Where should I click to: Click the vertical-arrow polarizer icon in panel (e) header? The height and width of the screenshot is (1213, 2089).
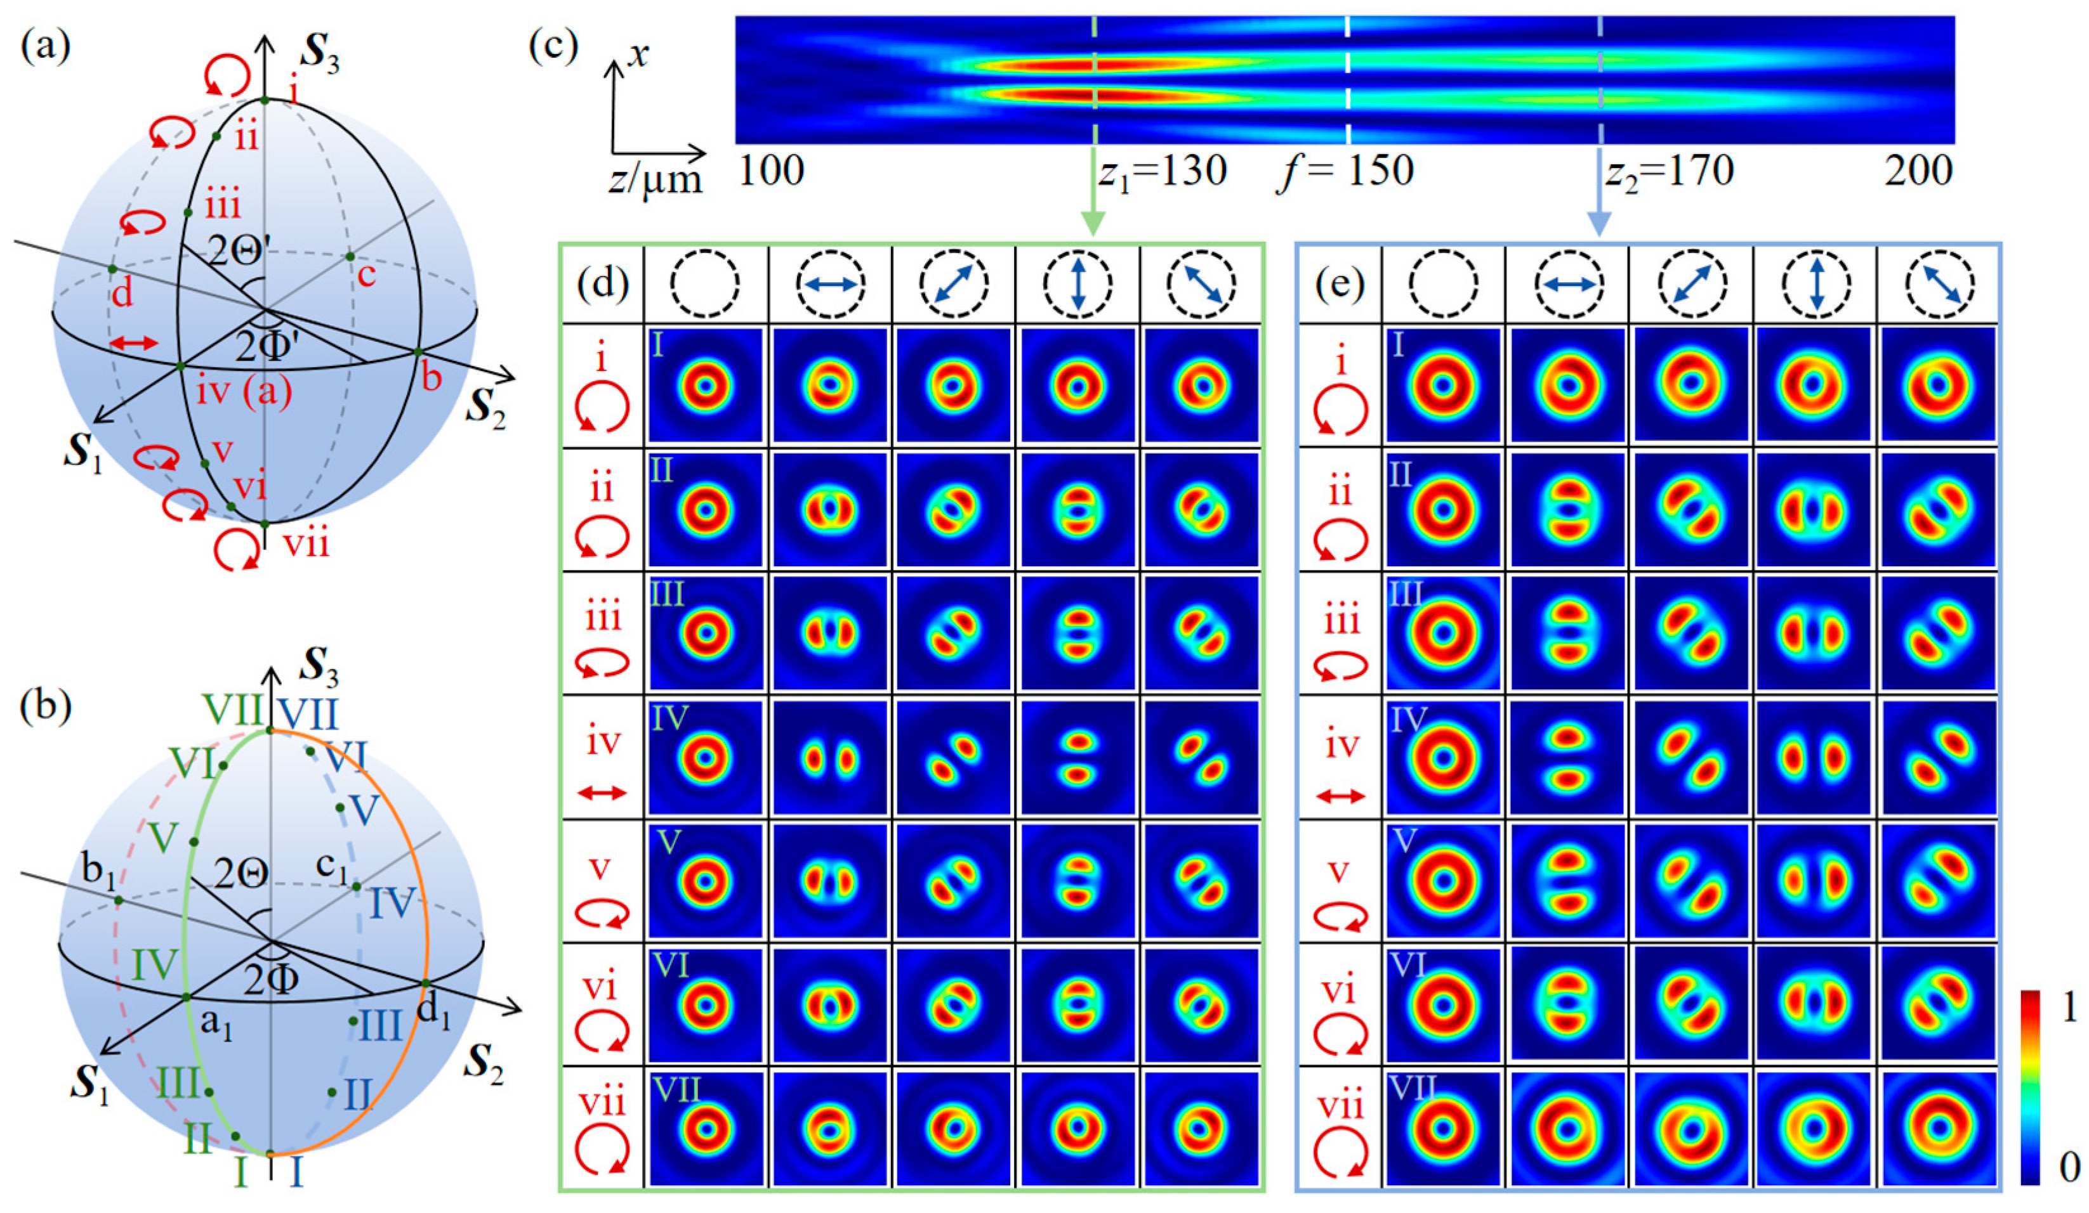[1816, 284]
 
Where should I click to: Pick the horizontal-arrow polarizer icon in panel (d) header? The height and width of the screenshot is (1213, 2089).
[830, 284]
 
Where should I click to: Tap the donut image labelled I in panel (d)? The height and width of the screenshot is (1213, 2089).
[706, 386]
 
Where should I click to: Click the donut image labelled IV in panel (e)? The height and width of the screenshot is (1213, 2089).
[1443, 757]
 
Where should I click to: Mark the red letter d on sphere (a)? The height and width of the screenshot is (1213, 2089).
[122, 294]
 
